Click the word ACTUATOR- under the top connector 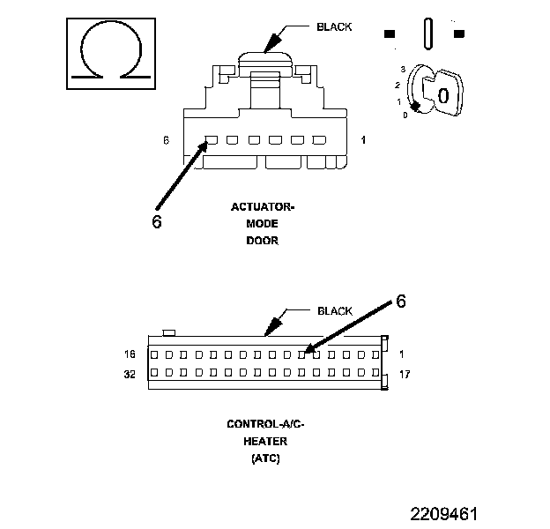tap(262, 208)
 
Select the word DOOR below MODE tap(262, 241)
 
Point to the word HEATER tap(265, 441)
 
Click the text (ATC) tap(265, 458)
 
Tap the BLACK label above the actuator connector tap(334, 27)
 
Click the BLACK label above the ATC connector tap(334, 311)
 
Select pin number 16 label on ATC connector tap(129, 354)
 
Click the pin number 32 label tap(129, 374)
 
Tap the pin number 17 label tap(405, 374)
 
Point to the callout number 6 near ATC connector tap(401, 302)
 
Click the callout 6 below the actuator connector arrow tap(157, 222)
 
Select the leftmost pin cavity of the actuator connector tap(212, 140)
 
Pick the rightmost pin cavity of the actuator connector tap(319, 140)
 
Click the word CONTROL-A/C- tap(265, 424)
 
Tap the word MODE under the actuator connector tap(262, 224)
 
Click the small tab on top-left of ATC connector tap(170, 332)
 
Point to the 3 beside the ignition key tap(402, 69)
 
